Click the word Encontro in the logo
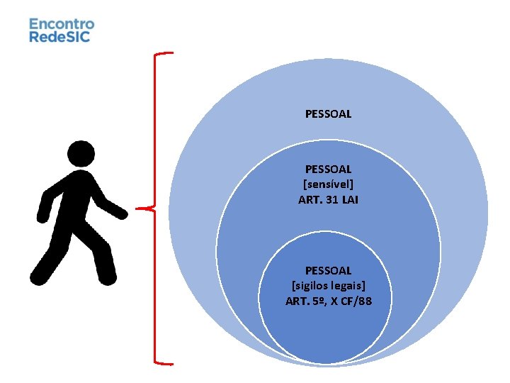tap(61, 23)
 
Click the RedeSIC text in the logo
tap(59, 36)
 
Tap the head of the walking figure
tap(80, 154)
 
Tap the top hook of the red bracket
tap(164, 53)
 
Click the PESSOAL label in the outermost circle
tap(328, 113)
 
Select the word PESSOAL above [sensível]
tap(328, 169)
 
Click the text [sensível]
tap(328, 184)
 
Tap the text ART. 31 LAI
tap(328, 200)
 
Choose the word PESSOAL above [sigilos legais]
tap(328, 270)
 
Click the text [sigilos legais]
tap(328, 286)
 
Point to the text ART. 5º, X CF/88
tap(328, 301)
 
